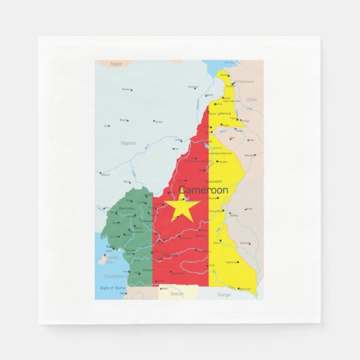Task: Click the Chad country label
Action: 251,99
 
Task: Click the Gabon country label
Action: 177,293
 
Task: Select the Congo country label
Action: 224,294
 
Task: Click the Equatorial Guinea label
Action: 115,276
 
